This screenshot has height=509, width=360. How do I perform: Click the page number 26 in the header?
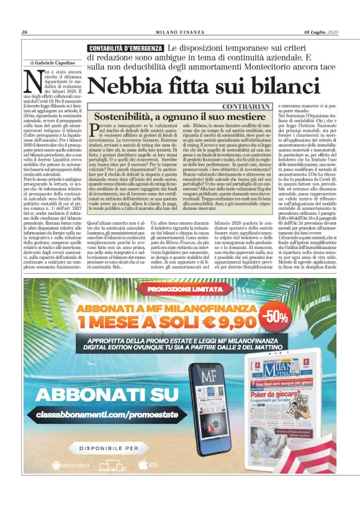pyautogui.click(x=24, y=32)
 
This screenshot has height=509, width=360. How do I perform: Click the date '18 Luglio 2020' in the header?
pyautogui.click(x=321, y=32)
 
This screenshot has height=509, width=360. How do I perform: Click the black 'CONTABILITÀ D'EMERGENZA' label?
pyautogui.click(x=127, y=48)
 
